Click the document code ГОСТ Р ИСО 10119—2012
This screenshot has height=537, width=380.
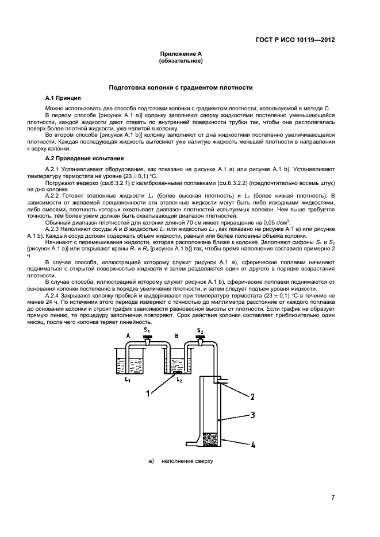tap(295, 40)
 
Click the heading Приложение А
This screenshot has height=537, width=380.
tap(181, 55)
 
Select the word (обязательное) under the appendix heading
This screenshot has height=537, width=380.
tap(181, 61)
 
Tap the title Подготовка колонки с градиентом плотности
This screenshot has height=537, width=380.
tap(181, 87)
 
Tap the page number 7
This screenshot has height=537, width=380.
tap(333, 497)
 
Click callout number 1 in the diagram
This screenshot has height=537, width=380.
tap(148, 392)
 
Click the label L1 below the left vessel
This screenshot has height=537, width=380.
tap(128, 380)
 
